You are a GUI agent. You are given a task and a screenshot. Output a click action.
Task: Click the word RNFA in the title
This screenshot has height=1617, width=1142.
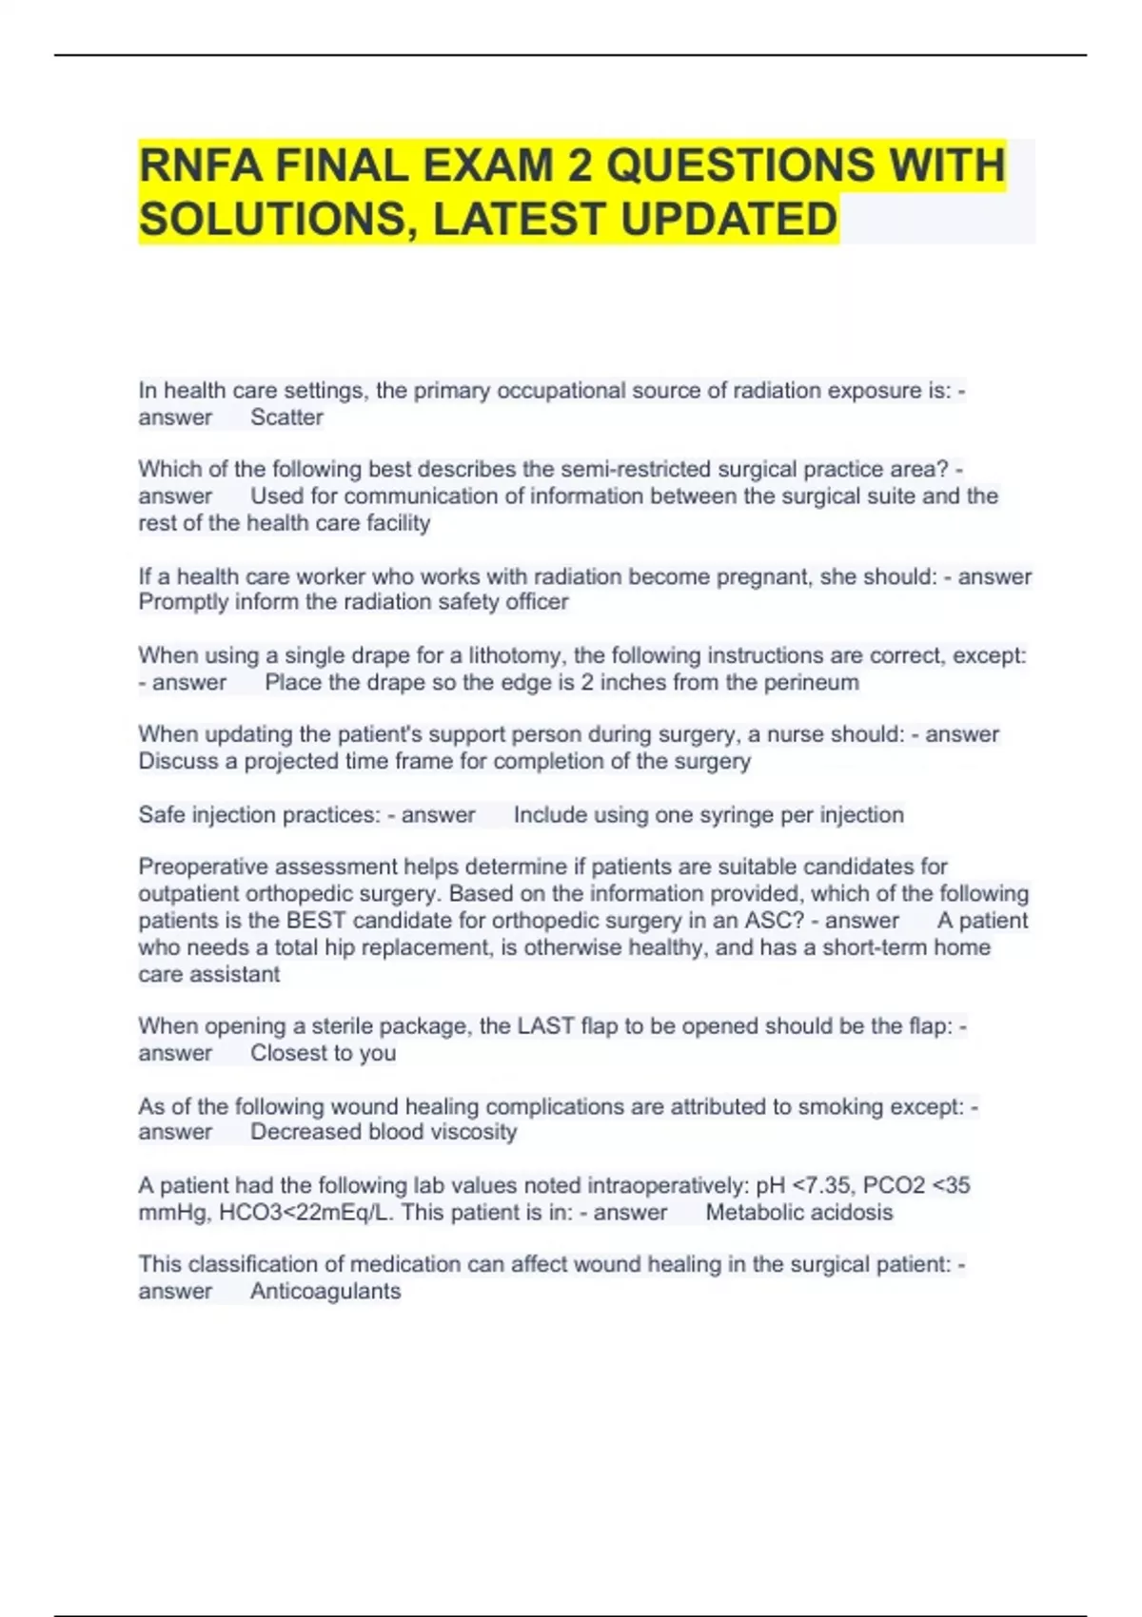[x=198, y=166]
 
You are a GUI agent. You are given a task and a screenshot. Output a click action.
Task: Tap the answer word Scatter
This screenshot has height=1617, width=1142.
[x=286, y=418]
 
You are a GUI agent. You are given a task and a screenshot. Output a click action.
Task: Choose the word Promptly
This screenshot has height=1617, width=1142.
[x=180, y=602]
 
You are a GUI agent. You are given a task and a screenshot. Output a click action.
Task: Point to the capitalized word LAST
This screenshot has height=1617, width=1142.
[x=545, y=1026]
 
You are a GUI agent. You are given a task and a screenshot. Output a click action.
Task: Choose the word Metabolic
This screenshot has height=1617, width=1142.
[x=749, y=1213]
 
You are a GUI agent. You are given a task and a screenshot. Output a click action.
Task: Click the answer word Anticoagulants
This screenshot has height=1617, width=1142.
[x=325, y=1292]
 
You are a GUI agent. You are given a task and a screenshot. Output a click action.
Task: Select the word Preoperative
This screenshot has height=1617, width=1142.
[x=201, y=867]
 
